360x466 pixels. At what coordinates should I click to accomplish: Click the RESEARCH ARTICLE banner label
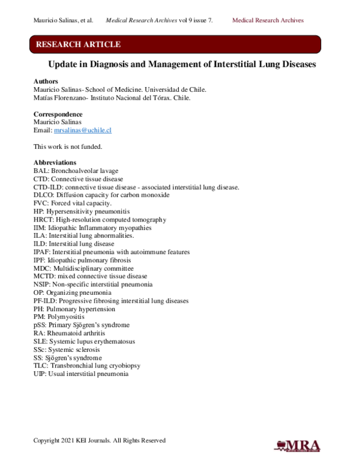tap(78, 44)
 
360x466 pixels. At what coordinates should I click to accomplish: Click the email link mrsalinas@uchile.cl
tap(83, 130)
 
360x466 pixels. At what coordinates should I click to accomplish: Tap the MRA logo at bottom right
tap(297, 445)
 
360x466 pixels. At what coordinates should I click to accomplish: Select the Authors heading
tap(46, 81)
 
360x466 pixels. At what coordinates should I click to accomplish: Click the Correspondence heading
tap(58, 114)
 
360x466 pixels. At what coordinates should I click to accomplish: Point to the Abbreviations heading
tap(55, 163)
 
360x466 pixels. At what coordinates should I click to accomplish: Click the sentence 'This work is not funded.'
tap(68, 147)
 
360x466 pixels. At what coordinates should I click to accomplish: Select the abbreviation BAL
tap(41, 171)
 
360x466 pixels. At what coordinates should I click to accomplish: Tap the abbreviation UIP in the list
tap(40, 374)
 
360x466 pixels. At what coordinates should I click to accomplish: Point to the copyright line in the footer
tap(99, 440)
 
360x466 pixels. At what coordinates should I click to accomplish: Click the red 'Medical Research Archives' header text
tap(268, 20)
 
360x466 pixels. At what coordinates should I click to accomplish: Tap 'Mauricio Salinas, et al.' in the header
tap(63, 20)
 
